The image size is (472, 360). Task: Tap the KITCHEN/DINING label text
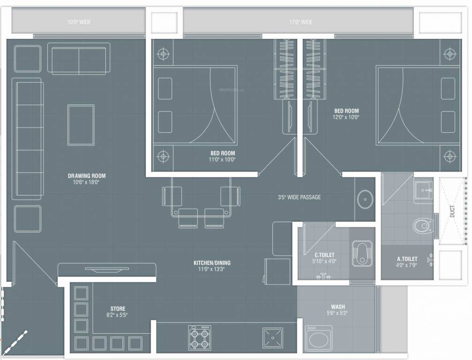(x=212, y=263)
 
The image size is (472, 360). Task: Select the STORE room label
(x=117, y=309)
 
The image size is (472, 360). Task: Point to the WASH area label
(x=337, y=307)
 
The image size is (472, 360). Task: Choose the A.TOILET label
(x=406, y=259)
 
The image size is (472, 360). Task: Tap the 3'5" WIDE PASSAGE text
(x=299, y=197)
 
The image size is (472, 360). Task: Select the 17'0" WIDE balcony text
(x=300, y=22)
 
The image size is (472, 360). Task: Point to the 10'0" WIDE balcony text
(x=78, y=22)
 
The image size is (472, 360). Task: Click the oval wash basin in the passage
(x=365, y=200)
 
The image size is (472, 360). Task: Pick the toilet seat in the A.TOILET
(x=423, y=226)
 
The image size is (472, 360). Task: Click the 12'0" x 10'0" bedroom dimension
(x=346, y=117)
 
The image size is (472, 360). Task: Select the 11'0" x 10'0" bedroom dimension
(x=222, y=159)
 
